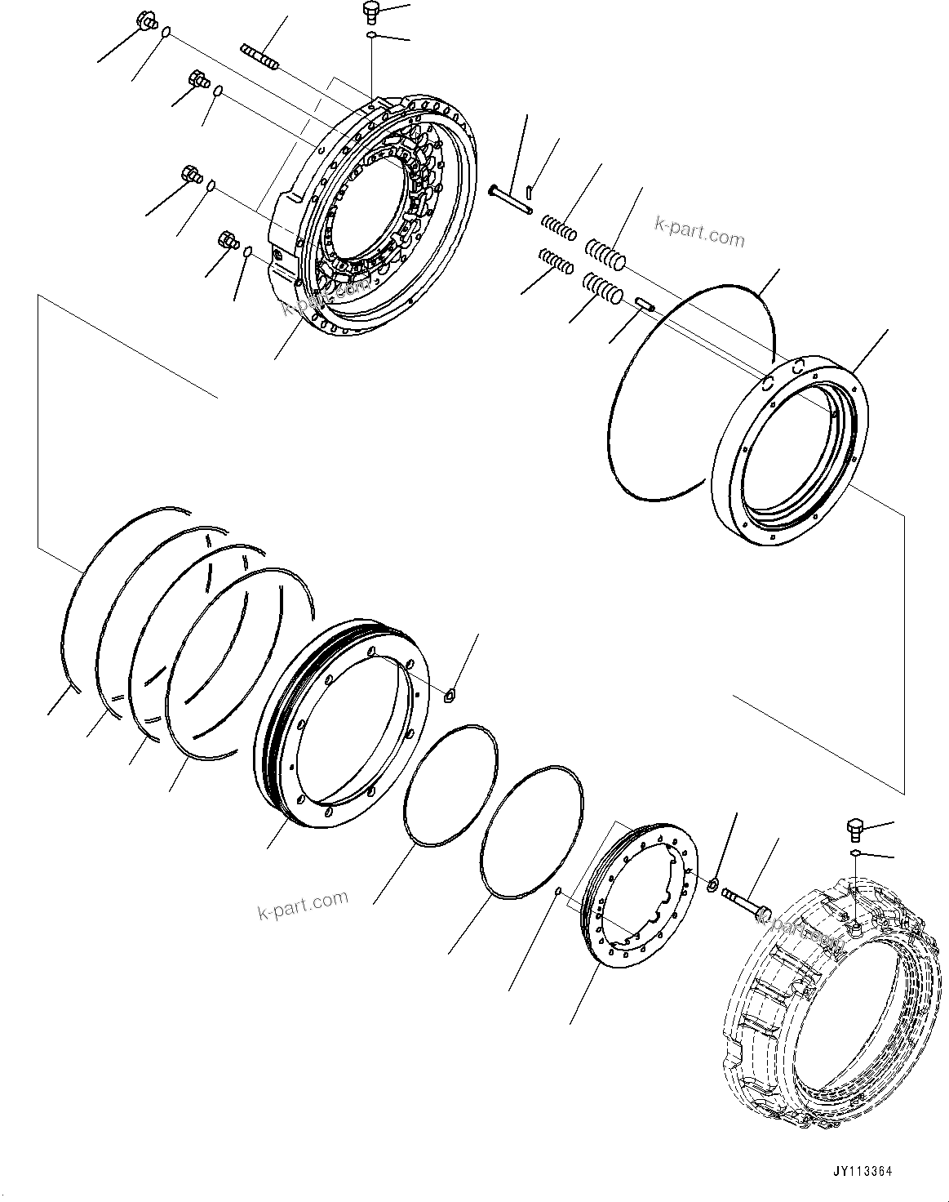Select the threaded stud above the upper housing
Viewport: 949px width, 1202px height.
(x=260, y=58)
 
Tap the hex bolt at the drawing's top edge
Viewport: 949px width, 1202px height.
(x=371, y=11)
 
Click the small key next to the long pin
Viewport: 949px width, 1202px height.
(x=530, y=193)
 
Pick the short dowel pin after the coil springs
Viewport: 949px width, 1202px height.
(x=645, y=304)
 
